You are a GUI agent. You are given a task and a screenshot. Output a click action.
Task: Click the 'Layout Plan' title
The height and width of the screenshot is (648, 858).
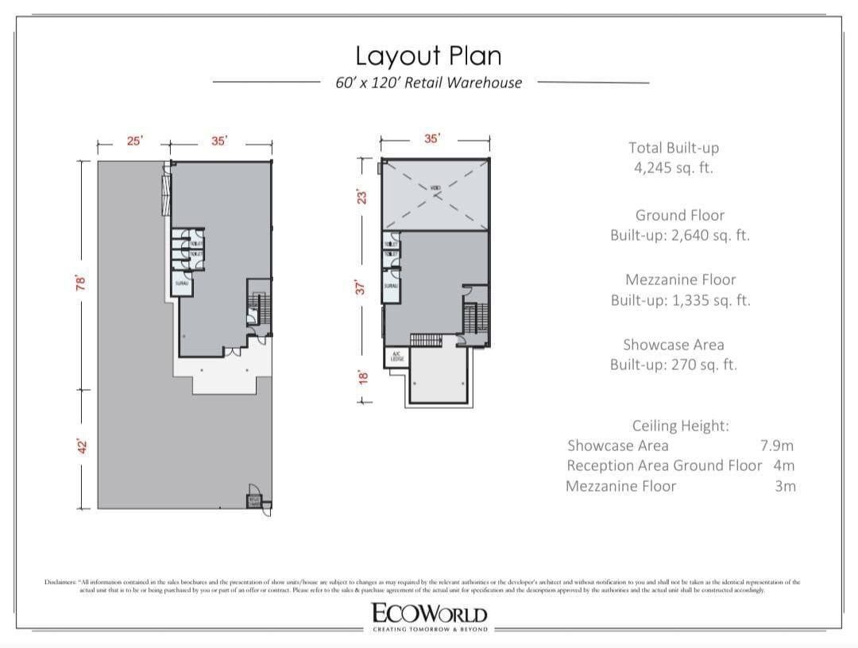point(428,56)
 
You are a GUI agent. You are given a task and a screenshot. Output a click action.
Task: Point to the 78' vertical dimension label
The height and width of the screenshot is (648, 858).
point(80,283)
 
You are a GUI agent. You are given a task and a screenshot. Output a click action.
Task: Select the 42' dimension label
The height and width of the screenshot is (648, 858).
point(80,448)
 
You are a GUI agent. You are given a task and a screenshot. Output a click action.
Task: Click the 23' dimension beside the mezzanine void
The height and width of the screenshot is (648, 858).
point(362,195)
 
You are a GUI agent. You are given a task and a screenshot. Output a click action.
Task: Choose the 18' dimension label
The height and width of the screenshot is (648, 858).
point(362,376)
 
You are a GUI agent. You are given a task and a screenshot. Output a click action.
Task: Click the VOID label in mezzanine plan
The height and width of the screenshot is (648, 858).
point(435,188)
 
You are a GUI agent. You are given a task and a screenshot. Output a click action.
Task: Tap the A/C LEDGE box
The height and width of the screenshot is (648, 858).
point(396,357)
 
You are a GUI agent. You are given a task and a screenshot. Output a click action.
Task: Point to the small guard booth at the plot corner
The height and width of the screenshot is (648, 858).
point(254,500)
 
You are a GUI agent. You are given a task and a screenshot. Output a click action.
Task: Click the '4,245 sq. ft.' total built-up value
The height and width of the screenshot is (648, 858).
point(673,168)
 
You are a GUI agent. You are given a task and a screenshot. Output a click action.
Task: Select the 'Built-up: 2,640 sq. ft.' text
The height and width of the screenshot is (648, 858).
point(679,236)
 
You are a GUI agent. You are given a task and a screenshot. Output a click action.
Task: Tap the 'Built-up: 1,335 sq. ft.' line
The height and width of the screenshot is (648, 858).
point(680,300)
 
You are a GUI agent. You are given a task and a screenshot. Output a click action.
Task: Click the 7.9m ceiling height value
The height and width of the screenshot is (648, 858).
point(777,445)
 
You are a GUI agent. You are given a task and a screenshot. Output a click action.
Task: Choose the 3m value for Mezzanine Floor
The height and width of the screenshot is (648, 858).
point(784,486)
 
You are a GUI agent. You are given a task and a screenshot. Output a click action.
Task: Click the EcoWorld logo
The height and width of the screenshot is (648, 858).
point(428,615)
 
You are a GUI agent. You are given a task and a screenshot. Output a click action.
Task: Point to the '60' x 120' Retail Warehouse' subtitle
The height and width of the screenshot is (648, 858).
point(429,83)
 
